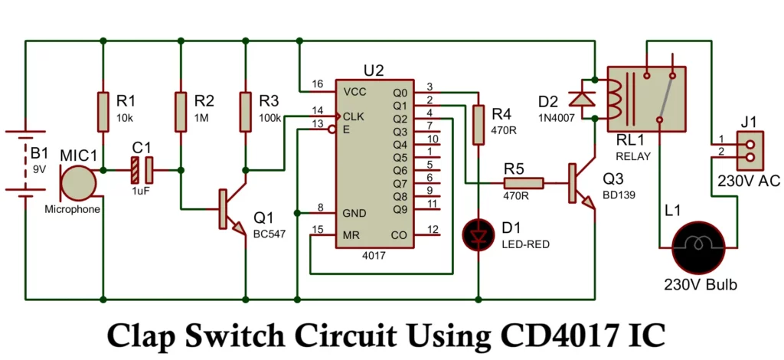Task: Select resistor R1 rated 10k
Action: pos(103,111)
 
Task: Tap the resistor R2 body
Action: pos(181,111)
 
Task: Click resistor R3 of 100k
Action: pos(245,111)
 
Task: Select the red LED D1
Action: pos(479,235)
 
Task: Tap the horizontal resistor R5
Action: pos(523,183)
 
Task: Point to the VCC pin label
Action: pos(354,91)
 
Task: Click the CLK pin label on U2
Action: pos(354,116)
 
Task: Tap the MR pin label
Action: pos(351,234)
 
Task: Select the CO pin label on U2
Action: pos(399,234)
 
